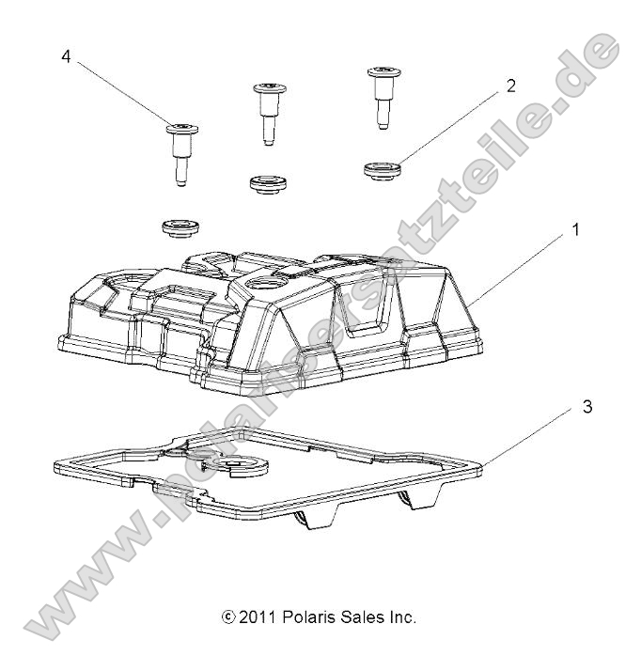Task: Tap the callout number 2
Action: [x=510, y=86]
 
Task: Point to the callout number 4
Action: [x=65, y=56]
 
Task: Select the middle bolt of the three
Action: [x=267, y=110]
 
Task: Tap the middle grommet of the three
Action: [x=267, y=179]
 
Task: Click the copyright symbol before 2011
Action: [x=228, y=617]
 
